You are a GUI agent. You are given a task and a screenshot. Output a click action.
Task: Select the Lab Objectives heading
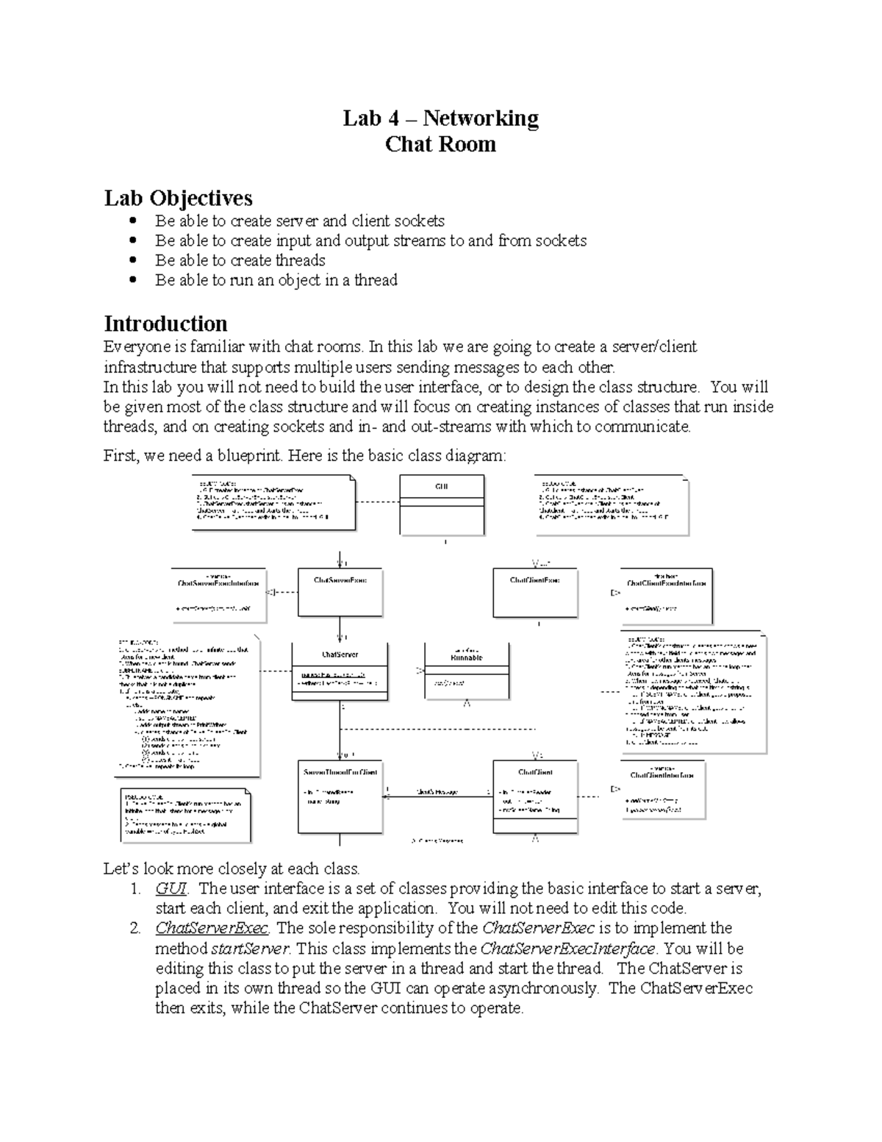(x=178, y=198)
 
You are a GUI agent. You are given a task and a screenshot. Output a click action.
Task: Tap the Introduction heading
(x=165, y=324)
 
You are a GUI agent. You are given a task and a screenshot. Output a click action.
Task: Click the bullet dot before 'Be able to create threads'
(x=132, y=260)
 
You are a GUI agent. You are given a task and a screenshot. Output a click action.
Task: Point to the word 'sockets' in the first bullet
(x=419, y=221)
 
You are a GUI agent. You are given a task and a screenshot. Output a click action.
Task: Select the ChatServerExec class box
(x=340, y=592)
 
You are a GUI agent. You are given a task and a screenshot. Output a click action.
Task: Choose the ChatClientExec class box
(x=535, y=592)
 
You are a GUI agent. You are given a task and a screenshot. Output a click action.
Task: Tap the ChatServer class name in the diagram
(x=340, y=654)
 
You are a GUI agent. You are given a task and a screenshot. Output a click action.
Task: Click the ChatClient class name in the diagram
(x=535, y=772)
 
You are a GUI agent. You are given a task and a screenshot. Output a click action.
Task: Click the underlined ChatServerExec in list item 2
(x=212, y=928)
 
